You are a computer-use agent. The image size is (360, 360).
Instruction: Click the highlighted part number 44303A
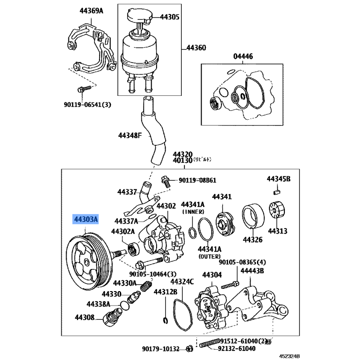click(85, 220)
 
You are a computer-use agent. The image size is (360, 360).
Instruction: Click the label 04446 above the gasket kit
click(243, 57)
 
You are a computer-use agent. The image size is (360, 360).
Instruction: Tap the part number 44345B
click(279, 179)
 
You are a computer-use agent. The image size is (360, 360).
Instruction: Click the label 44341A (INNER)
click(193, 207)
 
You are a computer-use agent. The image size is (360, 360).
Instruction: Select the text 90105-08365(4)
click(242, 262)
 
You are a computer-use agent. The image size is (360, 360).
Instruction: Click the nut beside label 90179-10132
click(190, 348)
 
